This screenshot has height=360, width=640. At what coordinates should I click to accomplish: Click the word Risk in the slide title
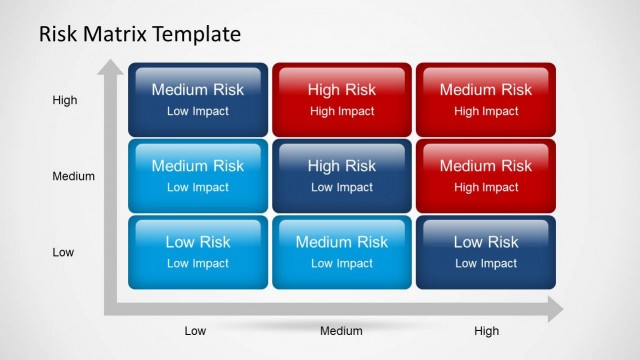click(x=59, y=34)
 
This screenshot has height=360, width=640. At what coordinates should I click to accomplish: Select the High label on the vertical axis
click(x=65, y=100)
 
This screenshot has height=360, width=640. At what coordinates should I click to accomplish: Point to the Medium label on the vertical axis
click(x=73, y=176)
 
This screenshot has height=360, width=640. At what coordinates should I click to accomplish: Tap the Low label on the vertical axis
click(x=63, y=252)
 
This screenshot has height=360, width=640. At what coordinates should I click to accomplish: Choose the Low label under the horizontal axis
click(x=197, y=331)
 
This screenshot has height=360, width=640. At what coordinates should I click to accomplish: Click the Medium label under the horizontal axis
click(x=341, y=331)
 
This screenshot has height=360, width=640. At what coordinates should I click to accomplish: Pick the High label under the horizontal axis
click(x=486, y=331)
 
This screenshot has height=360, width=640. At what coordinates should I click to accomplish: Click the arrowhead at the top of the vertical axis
click(x=109, y=69)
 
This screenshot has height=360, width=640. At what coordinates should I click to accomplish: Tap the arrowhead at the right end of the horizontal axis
click(x=552, y=312)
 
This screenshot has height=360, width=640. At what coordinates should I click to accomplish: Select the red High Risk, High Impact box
click(x=342, y=100)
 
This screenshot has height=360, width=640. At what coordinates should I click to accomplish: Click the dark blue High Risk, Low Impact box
click(x=342, y=176)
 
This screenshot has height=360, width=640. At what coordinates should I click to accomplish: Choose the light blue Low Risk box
click(x=197, y=252)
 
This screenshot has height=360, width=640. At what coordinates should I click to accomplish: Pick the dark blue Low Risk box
click(x=486, y=252)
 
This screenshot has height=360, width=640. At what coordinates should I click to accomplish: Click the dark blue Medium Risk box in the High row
click(x=197, y=100)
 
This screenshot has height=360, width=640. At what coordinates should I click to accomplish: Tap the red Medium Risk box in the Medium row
click(x=486, y=176)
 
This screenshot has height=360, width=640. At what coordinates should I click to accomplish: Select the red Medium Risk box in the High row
click(x=486, y=100)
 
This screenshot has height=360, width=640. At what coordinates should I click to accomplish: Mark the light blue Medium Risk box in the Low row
click(x=342, y=252)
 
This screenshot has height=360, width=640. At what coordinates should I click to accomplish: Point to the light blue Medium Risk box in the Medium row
click(x=197, y=176)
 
